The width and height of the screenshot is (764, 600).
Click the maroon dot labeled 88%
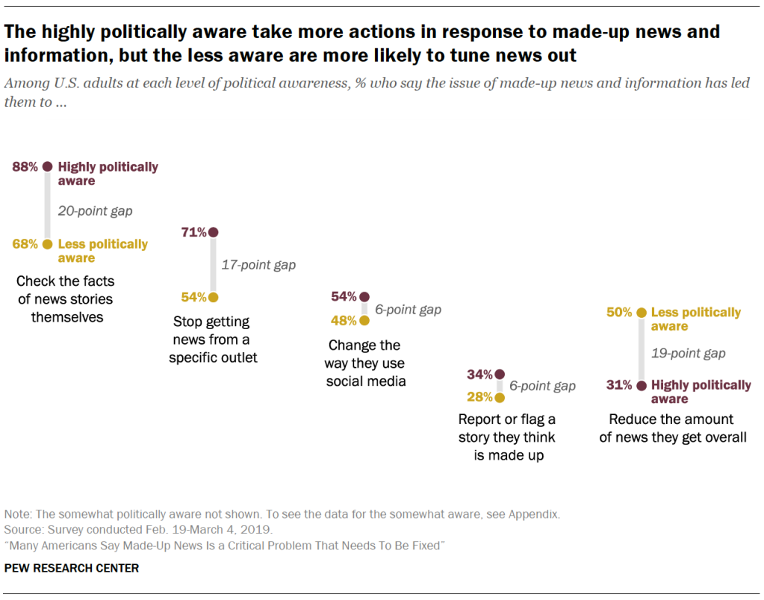48,167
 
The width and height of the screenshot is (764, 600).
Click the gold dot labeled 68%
48,244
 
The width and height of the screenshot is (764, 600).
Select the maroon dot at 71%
214,232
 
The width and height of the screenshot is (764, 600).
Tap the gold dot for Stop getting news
214,297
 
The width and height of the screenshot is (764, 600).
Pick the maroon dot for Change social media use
364,296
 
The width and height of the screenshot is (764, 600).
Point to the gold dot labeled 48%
364,321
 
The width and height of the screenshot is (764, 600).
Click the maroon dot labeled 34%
500,374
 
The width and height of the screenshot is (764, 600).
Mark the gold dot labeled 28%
500,397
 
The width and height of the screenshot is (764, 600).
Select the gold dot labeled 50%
640,313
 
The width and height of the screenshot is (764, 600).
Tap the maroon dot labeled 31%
640,385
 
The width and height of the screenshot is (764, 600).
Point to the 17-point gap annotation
258,264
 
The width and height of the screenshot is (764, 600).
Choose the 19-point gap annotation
688,353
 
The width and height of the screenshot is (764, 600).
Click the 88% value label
25,167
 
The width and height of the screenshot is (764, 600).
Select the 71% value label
193,232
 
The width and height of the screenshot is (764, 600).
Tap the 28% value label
479,397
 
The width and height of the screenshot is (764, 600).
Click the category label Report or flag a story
507,437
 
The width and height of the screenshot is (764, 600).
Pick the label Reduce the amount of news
672,428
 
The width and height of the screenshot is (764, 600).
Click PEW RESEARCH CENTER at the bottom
72,568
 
